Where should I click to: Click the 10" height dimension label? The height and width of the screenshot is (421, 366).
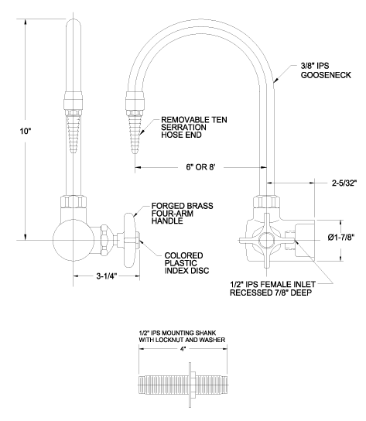tap(26, 132)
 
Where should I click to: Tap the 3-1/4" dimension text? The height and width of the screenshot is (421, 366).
tap(107, 276)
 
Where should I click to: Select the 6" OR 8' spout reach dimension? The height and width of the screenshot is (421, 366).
tap(200, 167)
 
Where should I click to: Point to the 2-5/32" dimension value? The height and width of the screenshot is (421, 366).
tap(344, 183)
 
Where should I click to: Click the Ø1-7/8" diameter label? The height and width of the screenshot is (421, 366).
tap(341, 238)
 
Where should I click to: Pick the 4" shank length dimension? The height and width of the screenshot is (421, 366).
tap(183, 348)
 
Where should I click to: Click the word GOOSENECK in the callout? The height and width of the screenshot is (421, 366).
tap(326, 75)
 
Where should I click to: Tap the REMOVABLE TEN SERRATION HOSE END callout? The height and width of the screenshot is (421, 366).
tap(194, 127)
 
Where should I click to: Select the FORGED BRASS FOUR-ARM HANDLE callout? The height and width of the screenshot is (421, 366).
tap(182, 214)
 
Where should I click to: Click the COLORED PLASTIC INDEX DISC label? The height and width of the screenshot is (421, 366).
tap(186, 263)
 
